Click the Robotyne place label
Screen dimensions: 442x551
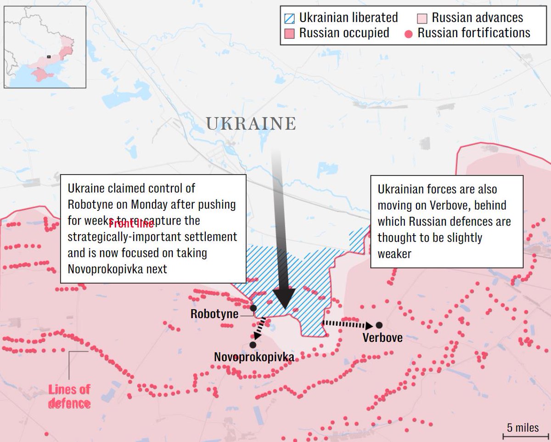point(214,314)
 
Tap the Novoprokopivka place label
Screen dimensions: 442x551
point(254,357)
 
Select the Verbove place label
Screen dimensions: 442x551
point(382,338)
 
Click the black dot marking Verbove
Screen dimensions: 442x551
point(379,325)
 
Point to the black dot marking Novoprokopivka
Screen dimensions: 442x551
point(253,345)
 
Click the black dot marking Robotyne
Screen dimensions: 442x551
point(253,308)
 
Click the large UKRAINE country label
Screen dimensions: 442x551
point(251,124)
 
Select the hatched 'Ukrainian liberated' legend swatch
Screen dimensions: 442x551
point(290,18)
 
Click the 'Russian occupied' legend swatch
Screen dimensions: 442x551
point(290,34)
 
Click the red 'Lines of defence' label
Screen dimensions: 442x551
point(69,397)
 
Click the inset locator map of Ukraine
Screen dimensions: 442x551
point(45,46)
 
